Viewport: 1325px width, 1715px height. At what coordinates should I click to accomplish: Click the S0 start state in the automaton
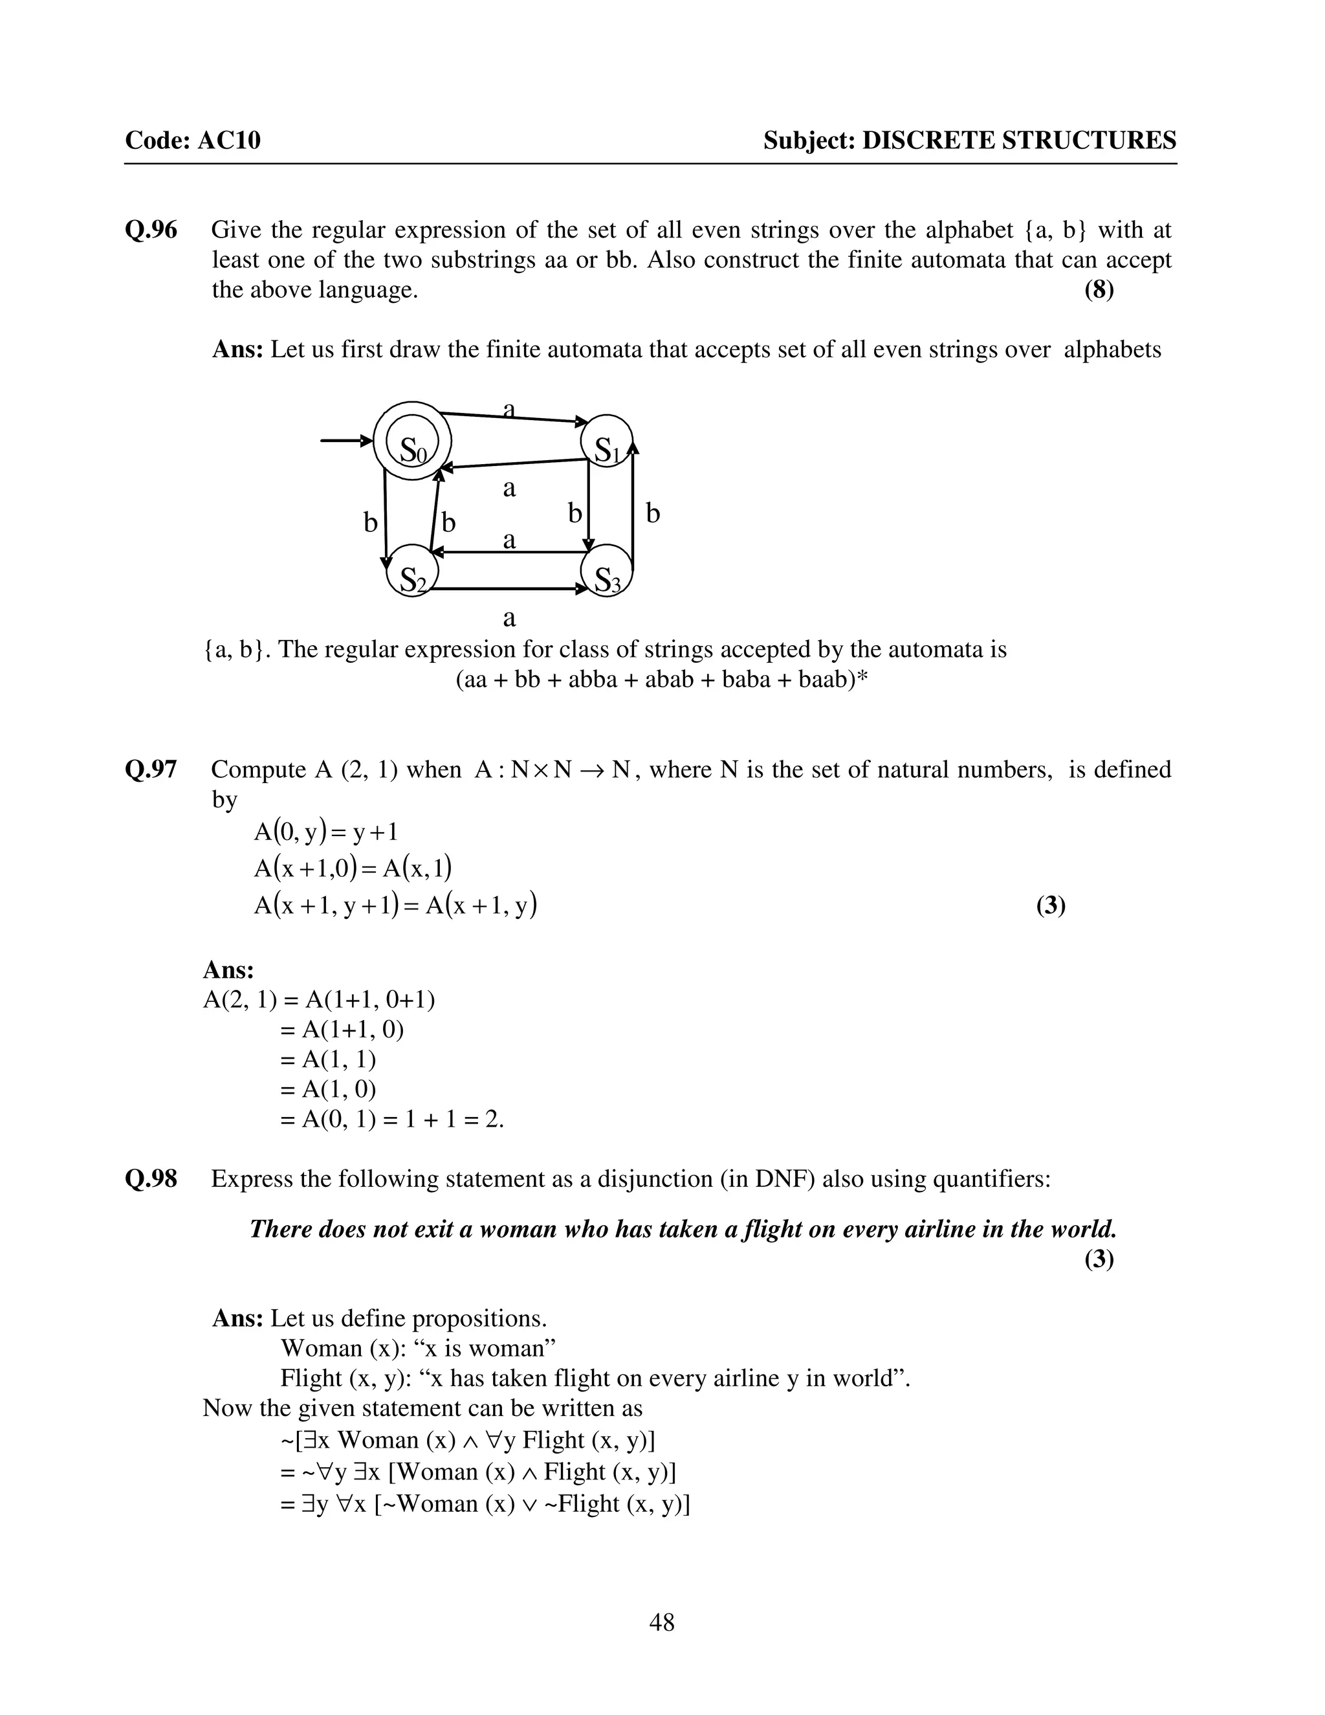point(412,441)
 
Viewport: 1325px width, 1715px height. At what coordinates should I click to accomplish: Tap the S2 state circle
point(412,571)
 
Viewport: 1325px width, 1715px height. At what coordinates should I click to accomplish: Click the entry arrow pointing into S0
point(345,441)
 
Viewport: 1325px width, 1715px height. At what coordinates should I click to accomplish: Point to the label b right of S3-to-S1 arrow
point(652,514)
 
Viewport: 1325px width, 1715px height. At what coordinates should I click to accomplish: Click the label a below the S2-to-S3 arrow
point(509,617)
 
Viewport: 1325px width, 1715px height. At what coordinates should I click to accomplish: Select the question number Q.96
point(151,230)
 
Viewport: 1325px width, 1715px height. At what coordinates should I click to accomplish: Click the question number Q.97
point(151,769)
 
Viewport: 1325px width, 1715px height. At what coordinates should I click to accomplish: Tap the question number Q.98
point(151,1178)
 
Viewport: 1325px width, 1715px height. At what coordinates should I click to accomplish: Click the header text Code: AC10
point(192,140)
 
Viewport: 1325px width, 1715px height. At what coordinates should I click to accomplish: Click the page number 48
point(662,1622)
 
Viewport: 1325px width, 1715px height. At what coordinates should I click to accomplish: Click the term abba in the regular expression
point(591,680)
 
